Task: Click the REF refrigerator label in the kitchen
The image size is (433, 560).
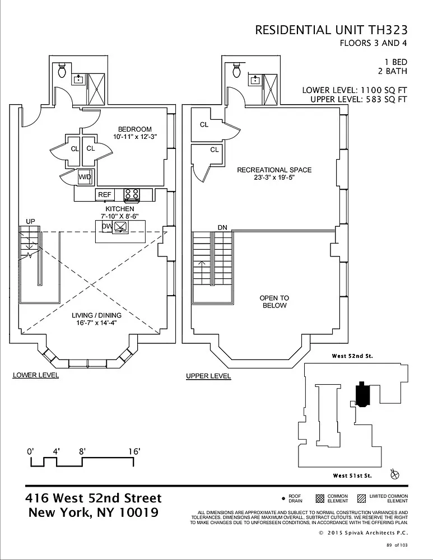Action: (x=105, y=195)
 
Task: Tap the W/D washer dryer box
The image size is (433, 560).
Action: (x=85, y=177)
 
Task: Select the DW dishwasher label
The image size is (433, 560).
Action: (x=106, y=226)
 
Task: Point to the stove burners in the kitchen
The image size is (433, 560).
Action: (x=132, y=194)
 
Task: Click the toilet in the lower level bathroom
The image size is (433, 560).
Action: (x=62, y=71)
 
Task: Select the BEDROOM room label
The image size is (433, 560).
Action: (x=134, y=129)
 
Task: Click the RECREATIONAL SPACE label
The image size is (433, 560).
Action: (x=274, y=170)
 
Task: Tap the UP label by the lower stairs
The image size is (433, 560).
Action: (x=30, y=222)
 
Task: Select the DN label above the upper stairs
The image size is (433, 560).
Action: (x=222, y=227)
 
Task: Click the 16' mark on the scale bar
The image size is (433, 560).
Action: (x=133, y=451)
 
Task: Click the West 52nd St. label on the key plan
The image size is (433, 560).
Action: (x=352, y=356)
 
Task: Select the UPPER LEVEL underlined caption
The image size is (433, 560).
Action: (x=208, y=376)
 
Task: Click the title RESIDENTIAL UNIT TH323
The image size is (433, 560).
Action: (x=331, y=30)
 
